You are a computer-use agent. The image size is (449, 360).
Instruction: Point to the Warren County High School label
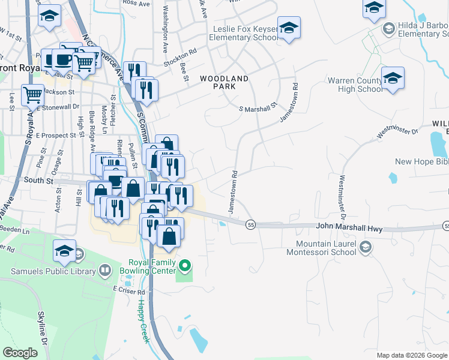354,85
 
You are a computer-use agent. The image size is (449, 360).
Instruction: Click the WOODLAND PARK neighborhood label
224,82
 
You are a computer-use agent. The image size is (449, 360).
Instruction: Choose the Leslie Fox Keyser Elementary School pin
289,28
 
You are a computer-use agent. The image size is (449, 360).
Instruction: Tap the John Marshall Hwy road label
349,226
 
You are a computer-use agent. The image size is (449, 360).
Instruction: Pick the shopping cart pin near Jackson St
32,95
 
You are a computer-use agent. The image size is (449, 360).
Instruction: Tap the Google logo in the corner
20,353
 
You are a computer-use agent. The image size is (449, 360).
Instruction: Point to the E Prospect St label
56,136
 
